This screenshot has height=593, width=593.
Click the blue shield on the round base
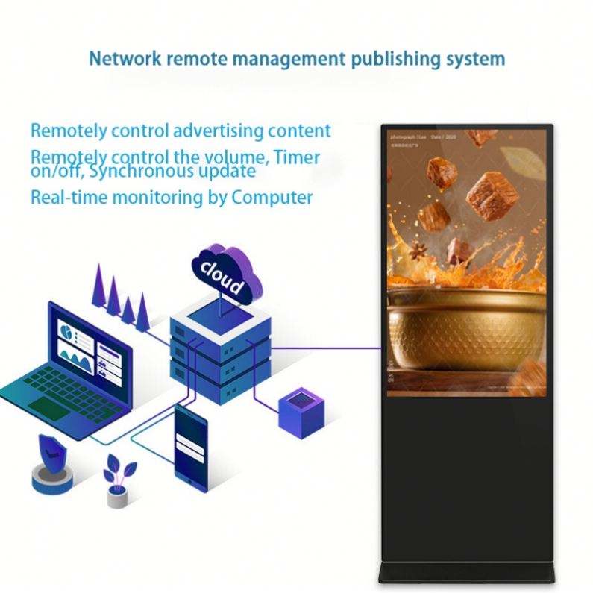click(51, 453)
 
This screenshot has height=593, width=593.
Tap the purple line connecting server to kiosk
click(328, 347)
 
